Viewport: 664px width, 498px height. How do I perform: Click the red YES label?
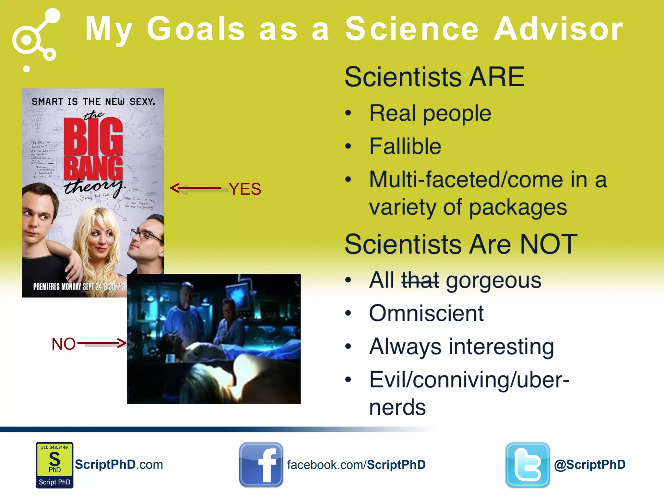(245, 189)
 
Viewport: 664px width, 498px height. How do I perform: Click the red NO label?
(64, 344)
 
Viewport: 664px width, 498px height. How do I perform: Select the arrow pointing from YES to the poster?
(196, 188)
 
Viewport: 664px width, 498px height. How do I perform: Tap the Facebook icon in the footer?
(261, 465)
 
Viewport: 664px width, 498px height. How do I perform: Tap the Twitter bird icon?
(528, 465)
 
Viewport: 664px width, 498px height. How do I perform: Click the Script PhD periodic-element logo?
(54, 465)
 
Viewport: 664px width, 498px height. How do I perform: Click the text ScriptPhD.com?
(119, 465)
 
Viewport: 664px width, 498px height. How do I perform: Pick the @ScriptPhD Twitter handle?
(589, 465)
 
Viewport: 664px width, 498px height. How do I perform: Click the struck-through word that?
(420, 280)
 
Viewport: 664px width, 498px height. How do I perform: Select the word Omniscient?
(426, 314)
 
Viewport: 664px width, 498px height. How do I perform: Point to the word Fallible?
(405, 146)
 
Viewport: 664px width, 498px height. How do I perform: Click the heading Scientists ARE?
(434, 77)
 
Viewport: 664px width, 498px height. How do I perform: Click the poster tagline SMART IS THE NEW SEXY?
(93, 102)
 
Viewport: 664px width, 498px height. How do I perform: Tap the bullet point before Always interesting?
(348, 347)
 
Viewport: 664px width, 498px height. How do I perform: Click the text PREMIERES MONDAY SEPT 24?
(68, 287)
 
